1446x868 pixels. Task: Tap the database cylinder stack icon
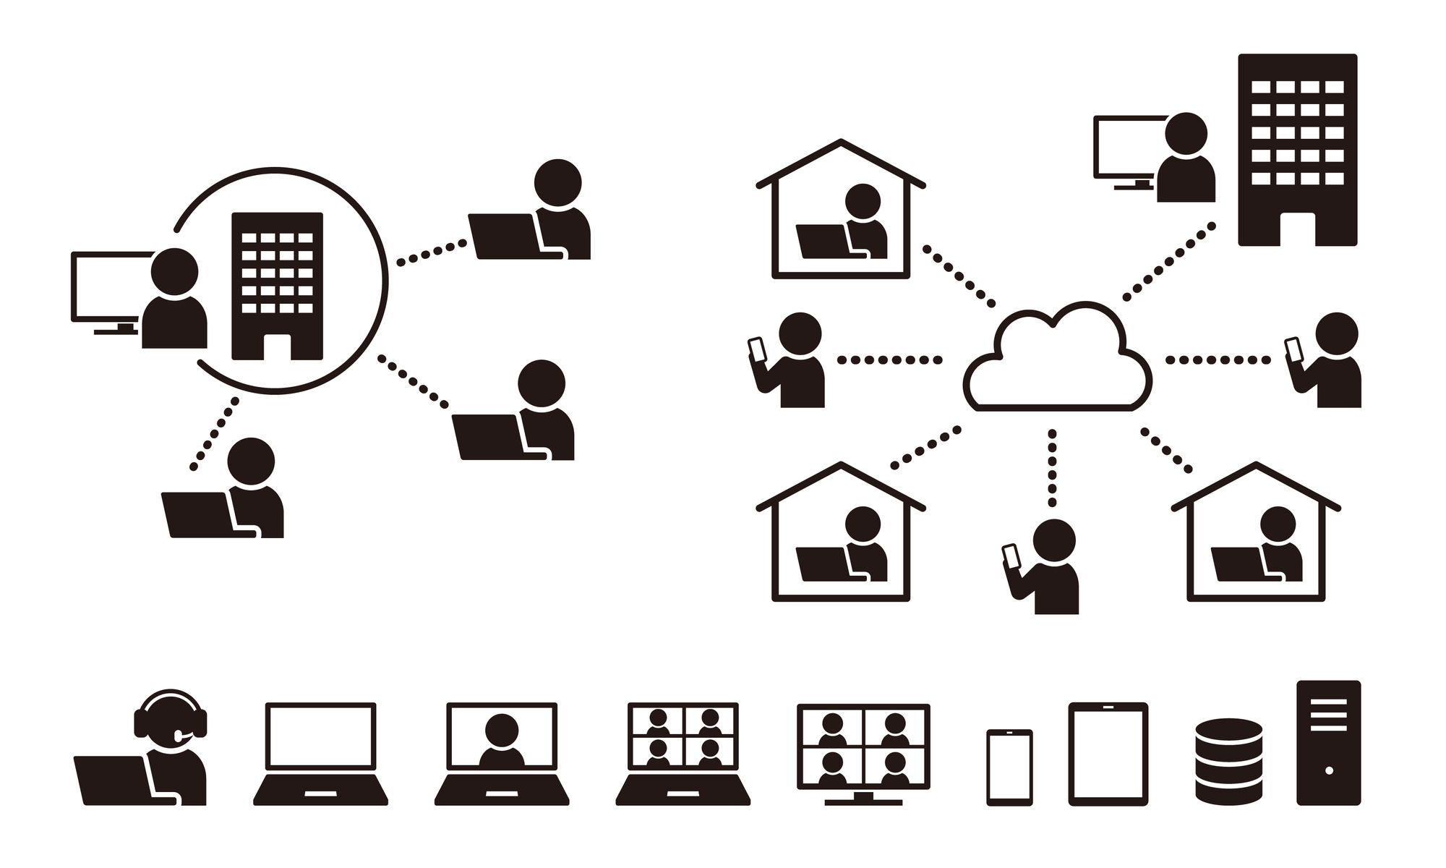pos(1228,761)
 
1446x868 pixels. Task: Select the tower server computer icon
pos(1328,742)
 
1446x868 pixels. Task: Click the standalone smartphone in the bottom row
pos(1009,767)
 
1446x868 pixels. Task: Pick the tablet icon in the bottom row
pos(1108,754)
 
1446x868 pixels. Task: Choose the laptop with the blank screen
pos(320,752)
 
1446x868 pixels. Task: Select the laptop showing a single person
pos(502,752)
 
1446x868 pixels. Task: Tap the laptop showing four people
pos(683,752)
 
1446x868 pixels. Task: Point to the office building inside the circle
pos(277,285)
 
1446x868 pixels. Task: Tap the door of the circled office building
pos(277,347)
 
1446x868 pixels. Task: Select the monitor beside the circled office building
pos(108,286)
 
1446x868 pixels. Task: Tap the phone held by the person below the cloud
pos(1011,556)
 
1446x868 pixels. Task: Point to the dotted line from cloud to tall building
pos(1169,262)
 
